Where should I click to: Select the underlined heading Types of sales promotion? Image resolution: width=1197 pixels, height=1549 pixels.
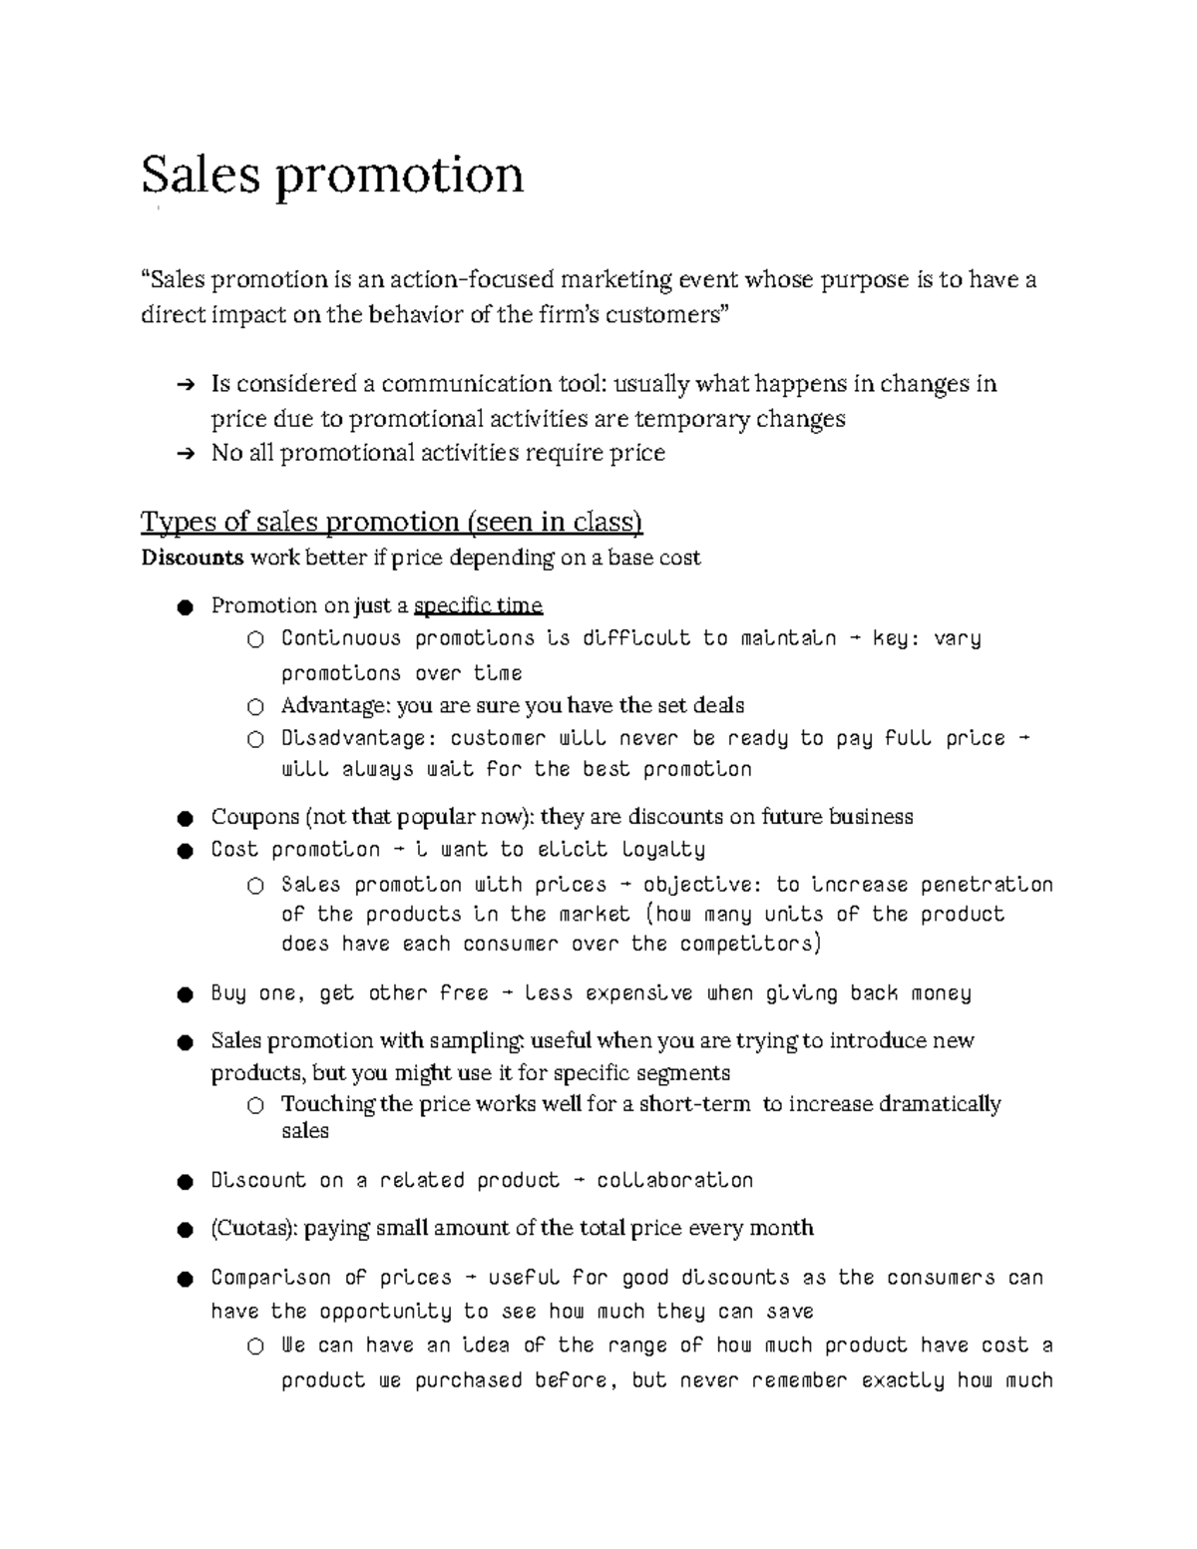tap(391, 522)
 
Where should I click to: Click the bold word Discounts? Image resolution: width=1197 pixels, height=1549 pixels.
tap(192, 558)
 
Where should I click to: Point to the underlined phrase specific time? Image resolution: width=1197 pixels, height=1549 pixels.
tap(478, 606)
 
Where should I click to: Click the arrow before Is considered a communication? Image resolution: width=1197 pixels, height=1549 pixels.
tap(185, 385)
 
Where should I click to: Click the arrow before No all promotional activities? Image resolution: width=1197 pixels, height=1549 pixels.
tap(185, 454)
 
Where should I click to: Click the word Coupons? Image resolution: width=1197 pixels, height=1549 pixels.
tap(254, 817)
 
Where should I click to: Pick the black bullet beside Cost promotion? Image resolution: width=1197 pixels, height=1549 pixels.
tap(184, 851)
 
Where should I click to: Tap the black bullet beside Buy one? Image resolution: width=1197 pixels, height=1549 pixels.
tap(184, 994)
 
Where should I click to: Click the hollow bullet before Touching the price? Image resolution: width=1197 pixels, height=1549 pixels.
tap(255, 1105)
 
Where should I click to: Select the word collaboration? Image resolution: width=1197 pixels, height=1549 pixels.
tap(674, 1181)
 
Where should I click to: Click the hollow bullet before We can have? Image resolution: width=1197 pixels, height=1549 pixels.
tap(255, 1347)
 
